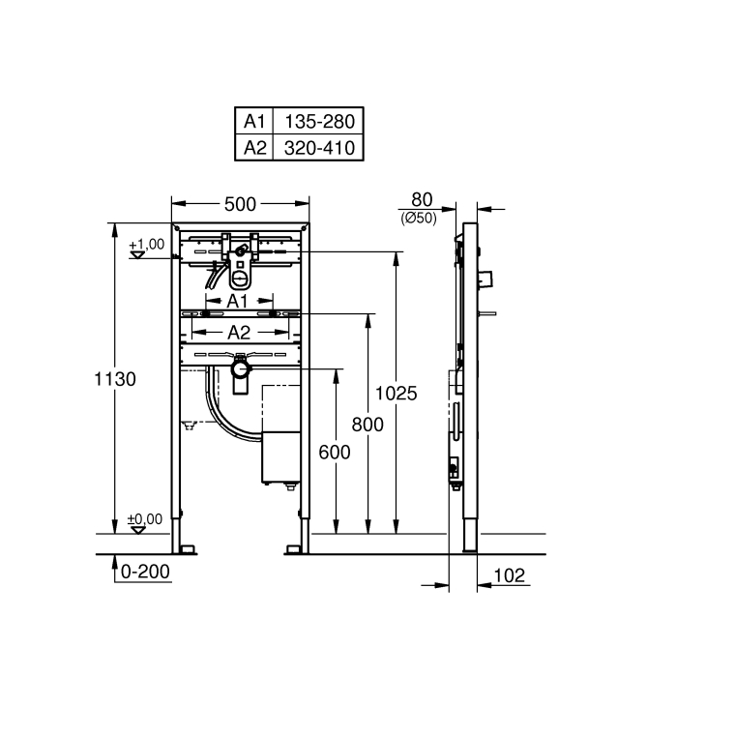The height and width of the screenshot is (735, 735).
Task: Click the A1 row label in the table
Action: [254, 122]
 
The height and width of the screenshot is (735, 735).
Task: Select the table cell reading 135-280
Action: [318, 122]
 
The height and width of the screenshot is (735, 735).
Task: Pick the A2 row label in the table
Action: [254, 147]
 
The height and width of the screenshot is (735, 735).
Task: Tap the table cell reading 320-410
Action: [318, 147]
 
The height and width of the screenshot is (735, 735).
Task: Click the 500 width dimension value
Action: [240, 204]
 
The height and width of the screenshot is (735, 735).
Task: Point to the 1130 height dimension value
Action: [115, 379]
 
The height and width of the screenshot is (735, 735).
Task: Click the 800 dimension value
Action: [367, 424]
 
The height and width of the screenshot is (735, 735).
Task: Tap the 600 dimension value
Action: [335, 451]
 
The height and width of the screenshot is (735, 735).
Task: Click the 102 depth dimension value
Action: [508, 575]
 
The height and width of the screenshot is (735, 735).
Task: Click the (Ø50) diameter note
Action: [419, 219]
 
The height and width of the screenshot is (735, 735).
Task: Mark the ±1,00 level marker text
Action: [147, 244]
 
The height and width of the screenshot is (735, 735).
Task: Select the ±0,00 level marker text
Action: [145, 519]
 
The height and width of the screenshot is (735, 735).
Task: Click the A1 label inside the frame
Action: [238, 301]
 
